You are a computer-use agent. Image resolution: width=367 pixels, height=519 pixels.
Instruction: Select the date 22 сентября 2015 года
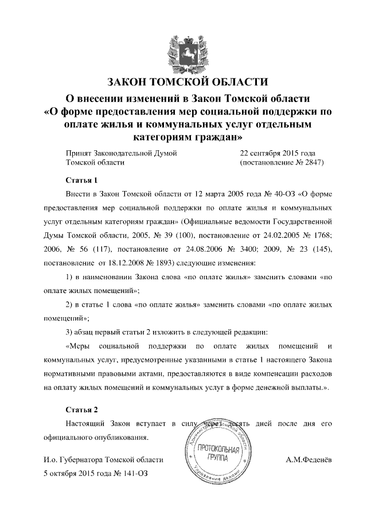277,153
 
